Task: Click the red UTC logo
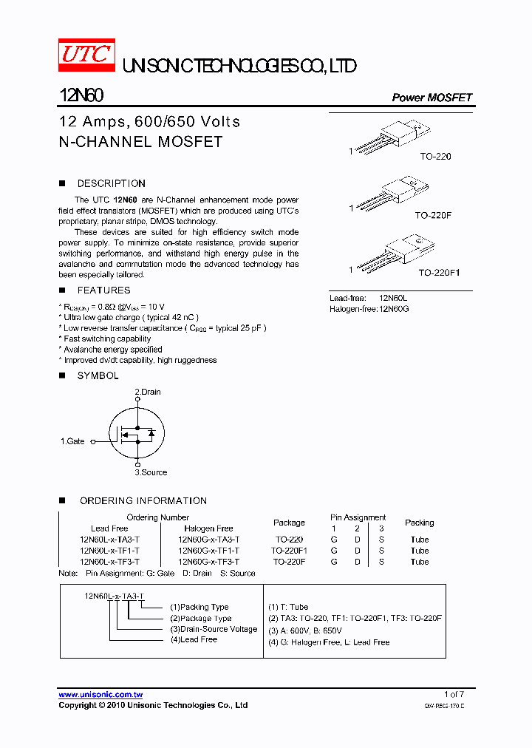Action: pos(86,55)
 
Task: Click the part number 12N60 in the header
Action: pos(81,97)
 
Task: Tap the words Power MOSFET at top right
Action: pos(431,98)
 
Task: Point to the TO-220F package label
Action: pos(432,215)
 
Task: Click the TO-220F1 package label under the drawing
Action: pos(439,273)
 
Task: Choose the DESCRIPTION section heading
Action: pos(111,183)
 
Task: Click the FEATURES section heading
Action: pos(103,290)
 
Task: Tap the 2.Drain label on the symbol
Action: pos(148,392)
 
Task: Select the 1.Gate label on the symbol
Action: pos(72,441)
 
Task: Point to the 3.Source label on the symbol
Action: pos(151,472)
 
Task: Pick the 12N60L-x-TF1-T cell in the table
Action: pos(109,551)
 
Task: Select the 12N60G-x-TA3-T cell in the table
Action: pos(208,540)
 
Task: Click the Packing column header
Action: pos(419,523)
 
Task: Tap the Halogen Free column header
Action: pos(208,528)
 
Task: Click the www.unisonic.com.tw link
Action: pos(100,695)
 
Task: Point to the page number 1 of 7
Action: pos(454,694)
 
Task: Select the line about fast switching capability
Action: pos(107,339)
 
